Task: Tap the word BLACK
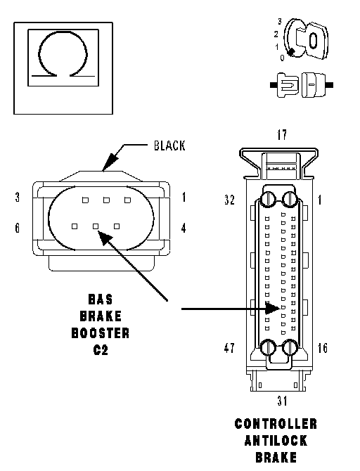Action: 169,146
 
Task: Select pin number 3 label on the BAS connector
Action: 18,198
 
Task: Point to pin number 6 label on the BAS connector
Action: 18,228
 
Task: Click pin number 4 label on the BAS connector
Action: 184,228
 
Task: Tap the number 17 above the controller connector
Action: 282,135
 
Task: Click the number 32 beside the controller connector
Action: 230,200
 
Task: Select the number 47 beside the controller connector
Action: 229,348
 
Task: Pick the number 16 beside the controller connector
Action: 323,348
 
